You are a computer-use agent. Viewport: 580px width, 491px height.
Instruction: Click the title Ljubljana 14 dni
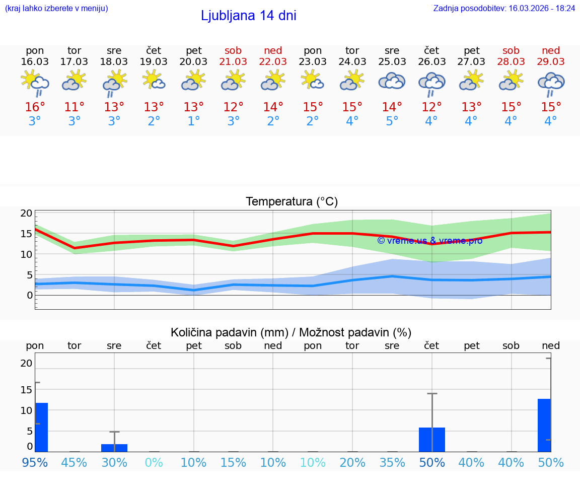tap(248, 16)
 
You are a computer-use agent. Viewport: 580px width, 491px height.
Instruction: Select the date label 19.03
tap(154, 62)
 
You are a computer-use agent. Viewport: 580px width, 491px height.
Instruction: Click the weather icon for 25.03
tap(392, 81)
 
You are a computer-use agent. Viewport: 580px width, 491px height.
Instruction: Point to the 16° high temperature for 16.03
tap(35, 107)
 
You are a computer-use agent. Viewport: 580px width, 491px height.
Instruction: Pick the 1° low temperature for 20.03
tap(193, 121)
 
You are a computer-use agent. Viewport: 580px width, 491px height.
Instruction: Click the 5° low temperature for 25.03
tap(392, 121)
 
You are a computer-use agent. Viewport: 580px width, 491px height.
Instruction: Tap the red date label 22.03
tap(273, 62)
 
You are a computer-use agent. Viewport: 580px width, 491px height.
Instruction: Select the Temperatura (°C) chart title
tap(292, 202)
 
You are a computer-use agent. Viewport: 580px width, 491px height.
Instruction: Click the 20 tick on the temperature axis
tap(27, 214)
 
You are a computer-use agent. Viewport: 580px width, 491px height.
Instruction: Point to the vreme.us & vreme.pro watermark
tap(429, 241)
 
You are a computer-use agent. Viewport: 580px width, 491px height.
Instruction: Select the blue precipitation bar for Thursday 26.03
tap(431, 440)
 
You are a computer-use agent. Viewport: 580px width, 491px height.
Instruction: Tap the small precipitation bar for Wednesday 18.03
tap(114, 448)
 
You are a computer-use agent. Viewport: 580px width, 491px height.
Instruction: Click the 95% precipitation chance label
tap(35, 462)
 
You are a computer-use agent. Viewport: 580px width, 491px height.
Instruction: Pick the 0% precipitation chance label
tap(154, 462)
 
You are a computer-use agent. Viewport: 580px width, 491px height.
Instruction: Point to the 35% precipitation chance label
tap(392, 462)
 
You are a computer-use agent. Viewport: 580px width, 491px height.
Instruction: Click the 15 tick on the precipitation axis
tap(27, 389)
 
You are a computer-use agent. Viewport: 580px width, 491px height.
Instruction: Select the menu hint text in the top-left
tap(56, 8)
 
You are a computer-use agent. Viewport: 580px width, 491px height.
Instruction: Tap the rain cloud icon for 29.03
tap(551, 83)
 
